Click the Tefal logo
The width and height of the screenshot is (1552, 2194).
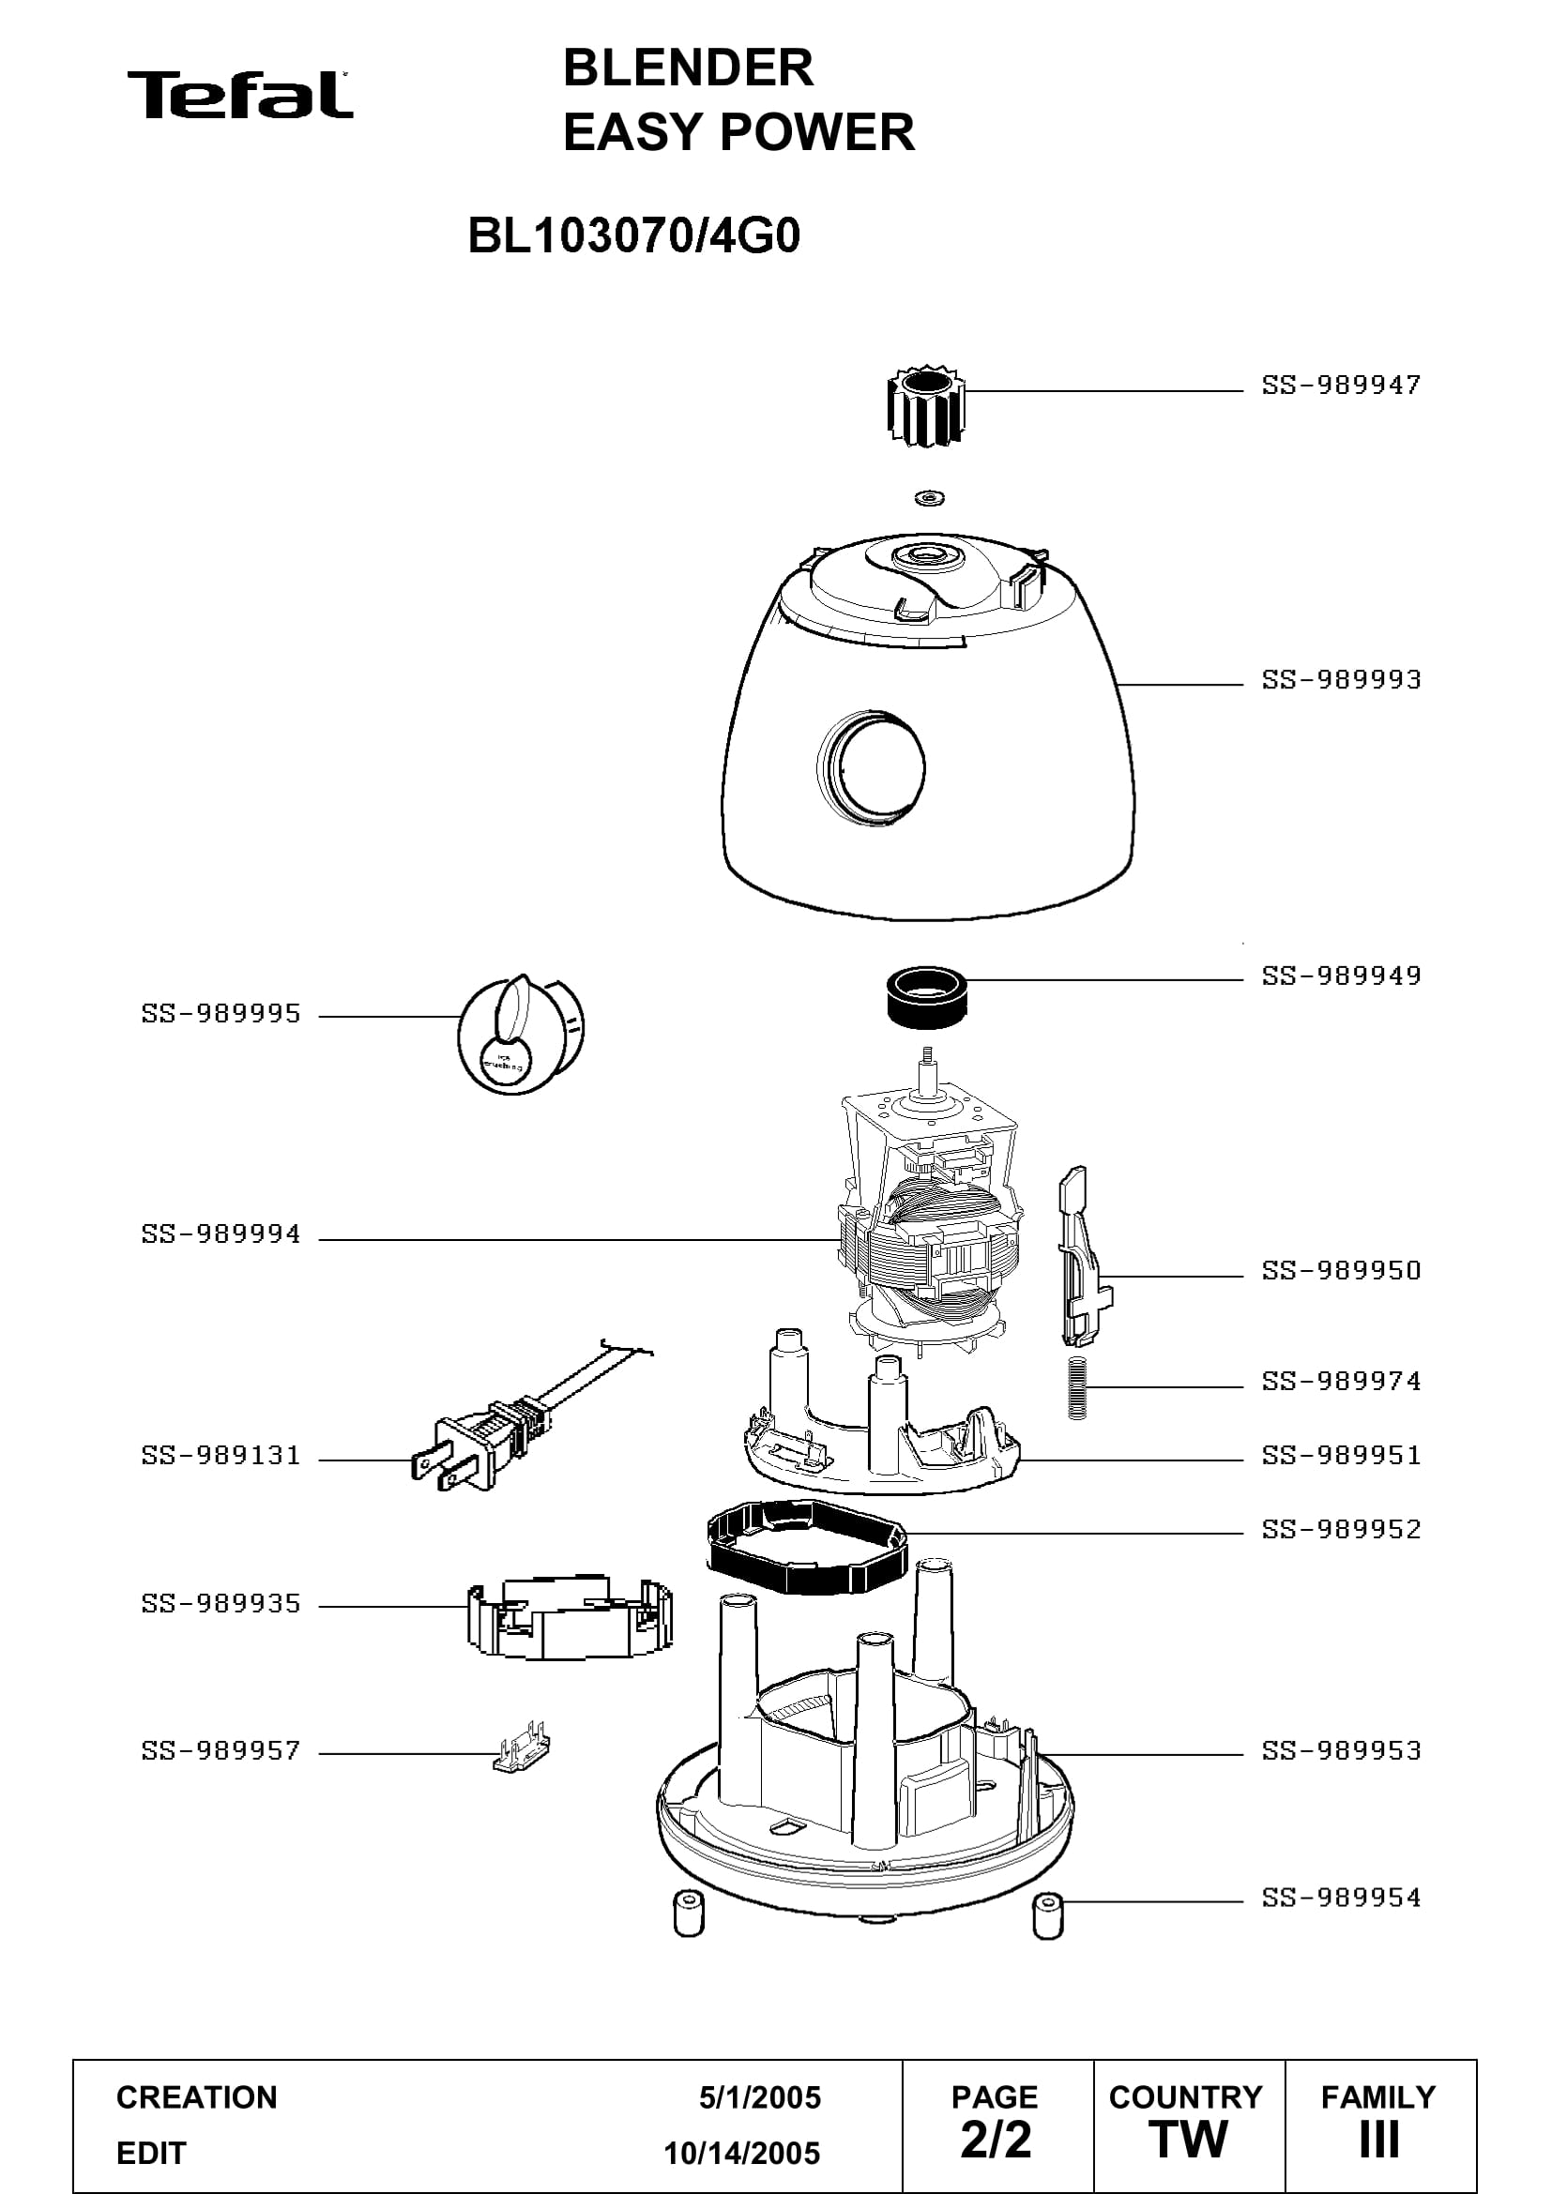click(240, 95)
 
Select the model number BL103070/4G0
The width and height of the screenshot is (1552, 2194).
click(633, 236)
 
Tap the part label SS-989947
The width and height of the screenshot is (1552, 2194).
click(1341, 386)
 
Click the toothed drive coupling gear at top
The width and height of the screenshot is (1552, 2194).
click(925, 405)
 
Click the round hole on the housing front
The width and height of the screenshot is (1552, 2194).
click(872, 768)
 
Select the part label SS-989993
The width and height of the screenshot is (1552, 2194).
click(1341, 679)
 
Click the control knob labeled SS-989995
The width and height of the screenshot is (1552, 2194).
click(521, 1033)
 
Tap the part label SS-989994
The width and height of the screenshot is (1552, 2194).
click(221, 1234)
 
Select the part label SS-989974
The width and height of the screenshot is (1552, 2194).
click(1341, 1381)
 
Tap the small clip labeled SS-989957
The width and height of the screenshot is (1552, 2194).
click(522, 1750)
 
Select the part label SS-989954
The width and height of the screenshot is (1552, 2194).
click(1341, 1897)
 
